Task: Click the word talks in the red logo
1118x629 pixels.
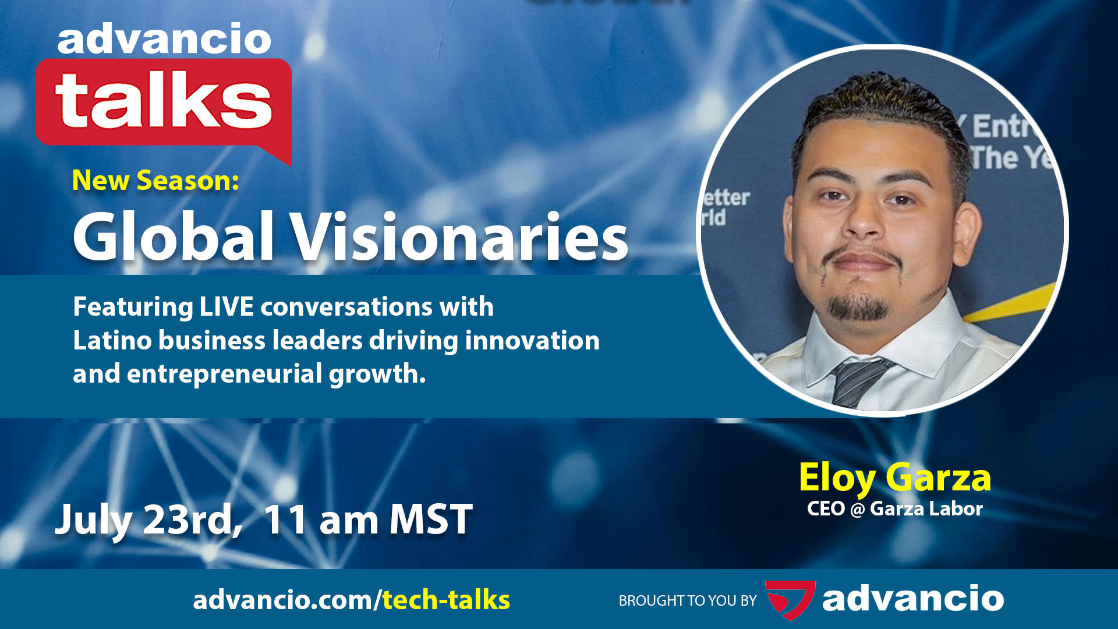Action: coord(164,100)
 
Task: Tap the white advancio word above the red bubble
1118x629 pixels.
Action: coord(164,40)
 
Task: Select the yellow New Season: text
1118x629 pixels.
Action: coord(155,181)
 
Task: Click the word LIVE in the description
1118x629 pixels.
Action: coord(227,307)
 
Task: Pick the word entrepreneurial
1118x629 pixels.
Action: coord(224,374)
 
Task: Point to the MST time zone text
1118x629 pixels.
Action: coord(431,520)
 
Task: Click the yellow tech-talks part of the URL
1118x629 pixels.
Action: coord(446,600)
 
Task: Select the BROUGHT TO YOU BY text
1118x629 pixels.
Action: coord(688,600)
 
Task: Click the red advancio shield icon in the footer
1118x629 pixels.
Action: coord(790,599)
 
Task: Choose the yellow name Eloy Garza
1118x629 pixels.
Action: coord(894,478)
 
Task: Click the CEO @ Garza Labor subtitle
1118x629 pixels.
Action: coord(894,509)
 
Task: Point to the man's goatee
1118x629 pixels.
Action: coord(858,307)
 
